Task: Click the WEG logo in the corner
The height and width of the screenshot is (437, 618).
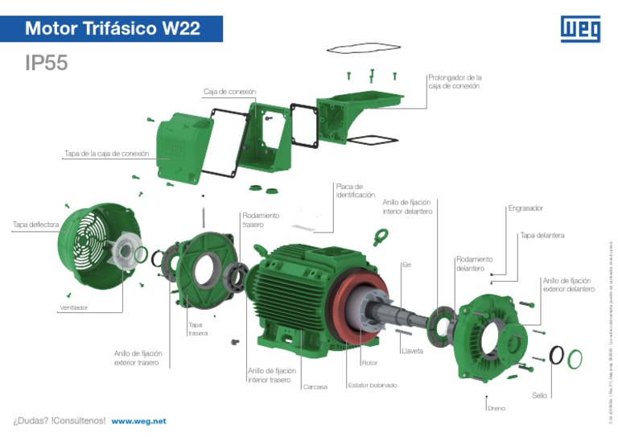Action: click(x=579, y=29)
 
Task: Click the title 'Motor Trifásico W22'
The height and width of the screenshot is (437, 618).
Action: click(x=112, y=29)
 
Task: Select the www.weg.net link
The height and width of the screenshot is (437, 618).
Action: click(x=138, y=421)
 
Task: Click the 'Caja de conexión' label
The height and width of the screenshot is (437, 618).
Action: click(x=229, y=93)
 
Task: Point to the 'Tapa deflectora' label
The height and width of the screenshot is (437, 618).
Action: click(x=35, y=225)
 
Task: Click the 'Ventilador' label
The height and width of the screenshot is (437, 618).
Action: click(x=73, y=308)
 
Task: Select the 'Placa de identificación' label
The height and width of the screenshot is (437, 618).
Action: click(x=355, y=191)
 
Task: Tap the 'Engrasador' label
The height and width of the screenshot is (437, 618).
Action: click(x=525, y=208)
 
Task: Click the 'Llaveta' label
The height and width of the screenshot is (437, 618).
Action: click(x=412, y=351)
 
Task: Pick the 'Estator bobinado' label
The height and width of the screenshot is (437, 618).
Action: click(x=372, y=385)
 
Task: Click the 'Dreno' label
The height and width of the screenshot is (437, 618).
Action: click(x=496, y=408)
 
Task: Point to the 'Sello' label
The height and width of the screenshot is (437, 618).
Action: click(x=539, y=395)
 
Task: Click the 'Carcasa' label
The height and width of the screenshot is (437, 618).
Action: click(x=315, y=387)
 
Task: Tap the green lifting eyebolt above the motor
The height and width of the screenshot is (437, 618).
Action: click(x=380, y=237)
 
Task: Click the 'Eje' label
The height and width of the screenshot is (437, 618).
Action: click(x=406, y=265)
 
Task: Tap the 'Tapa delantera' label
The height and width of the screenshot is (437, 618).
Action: click(x=542, y=236)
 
